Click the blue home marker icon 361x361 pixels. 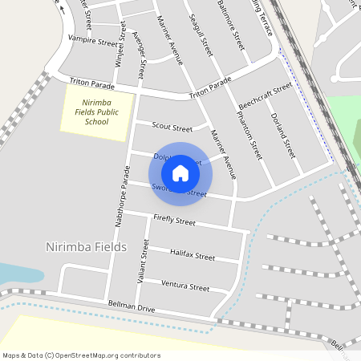pos(180,172)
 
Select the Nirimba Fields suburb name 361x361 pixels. pos(87,247)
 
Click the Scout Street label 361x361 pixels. pos(172,128)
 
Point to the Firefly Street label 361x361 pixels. pos(174,221)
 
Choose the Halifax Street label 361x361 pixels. pos(193,255)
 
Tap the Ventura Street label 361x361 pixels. pos(185,285)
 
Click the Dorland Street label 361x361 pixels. pos(286,135)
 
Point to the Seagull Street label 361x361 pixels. pos(202,34)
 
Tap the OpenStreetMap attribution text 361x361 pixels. pos(81,355)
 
